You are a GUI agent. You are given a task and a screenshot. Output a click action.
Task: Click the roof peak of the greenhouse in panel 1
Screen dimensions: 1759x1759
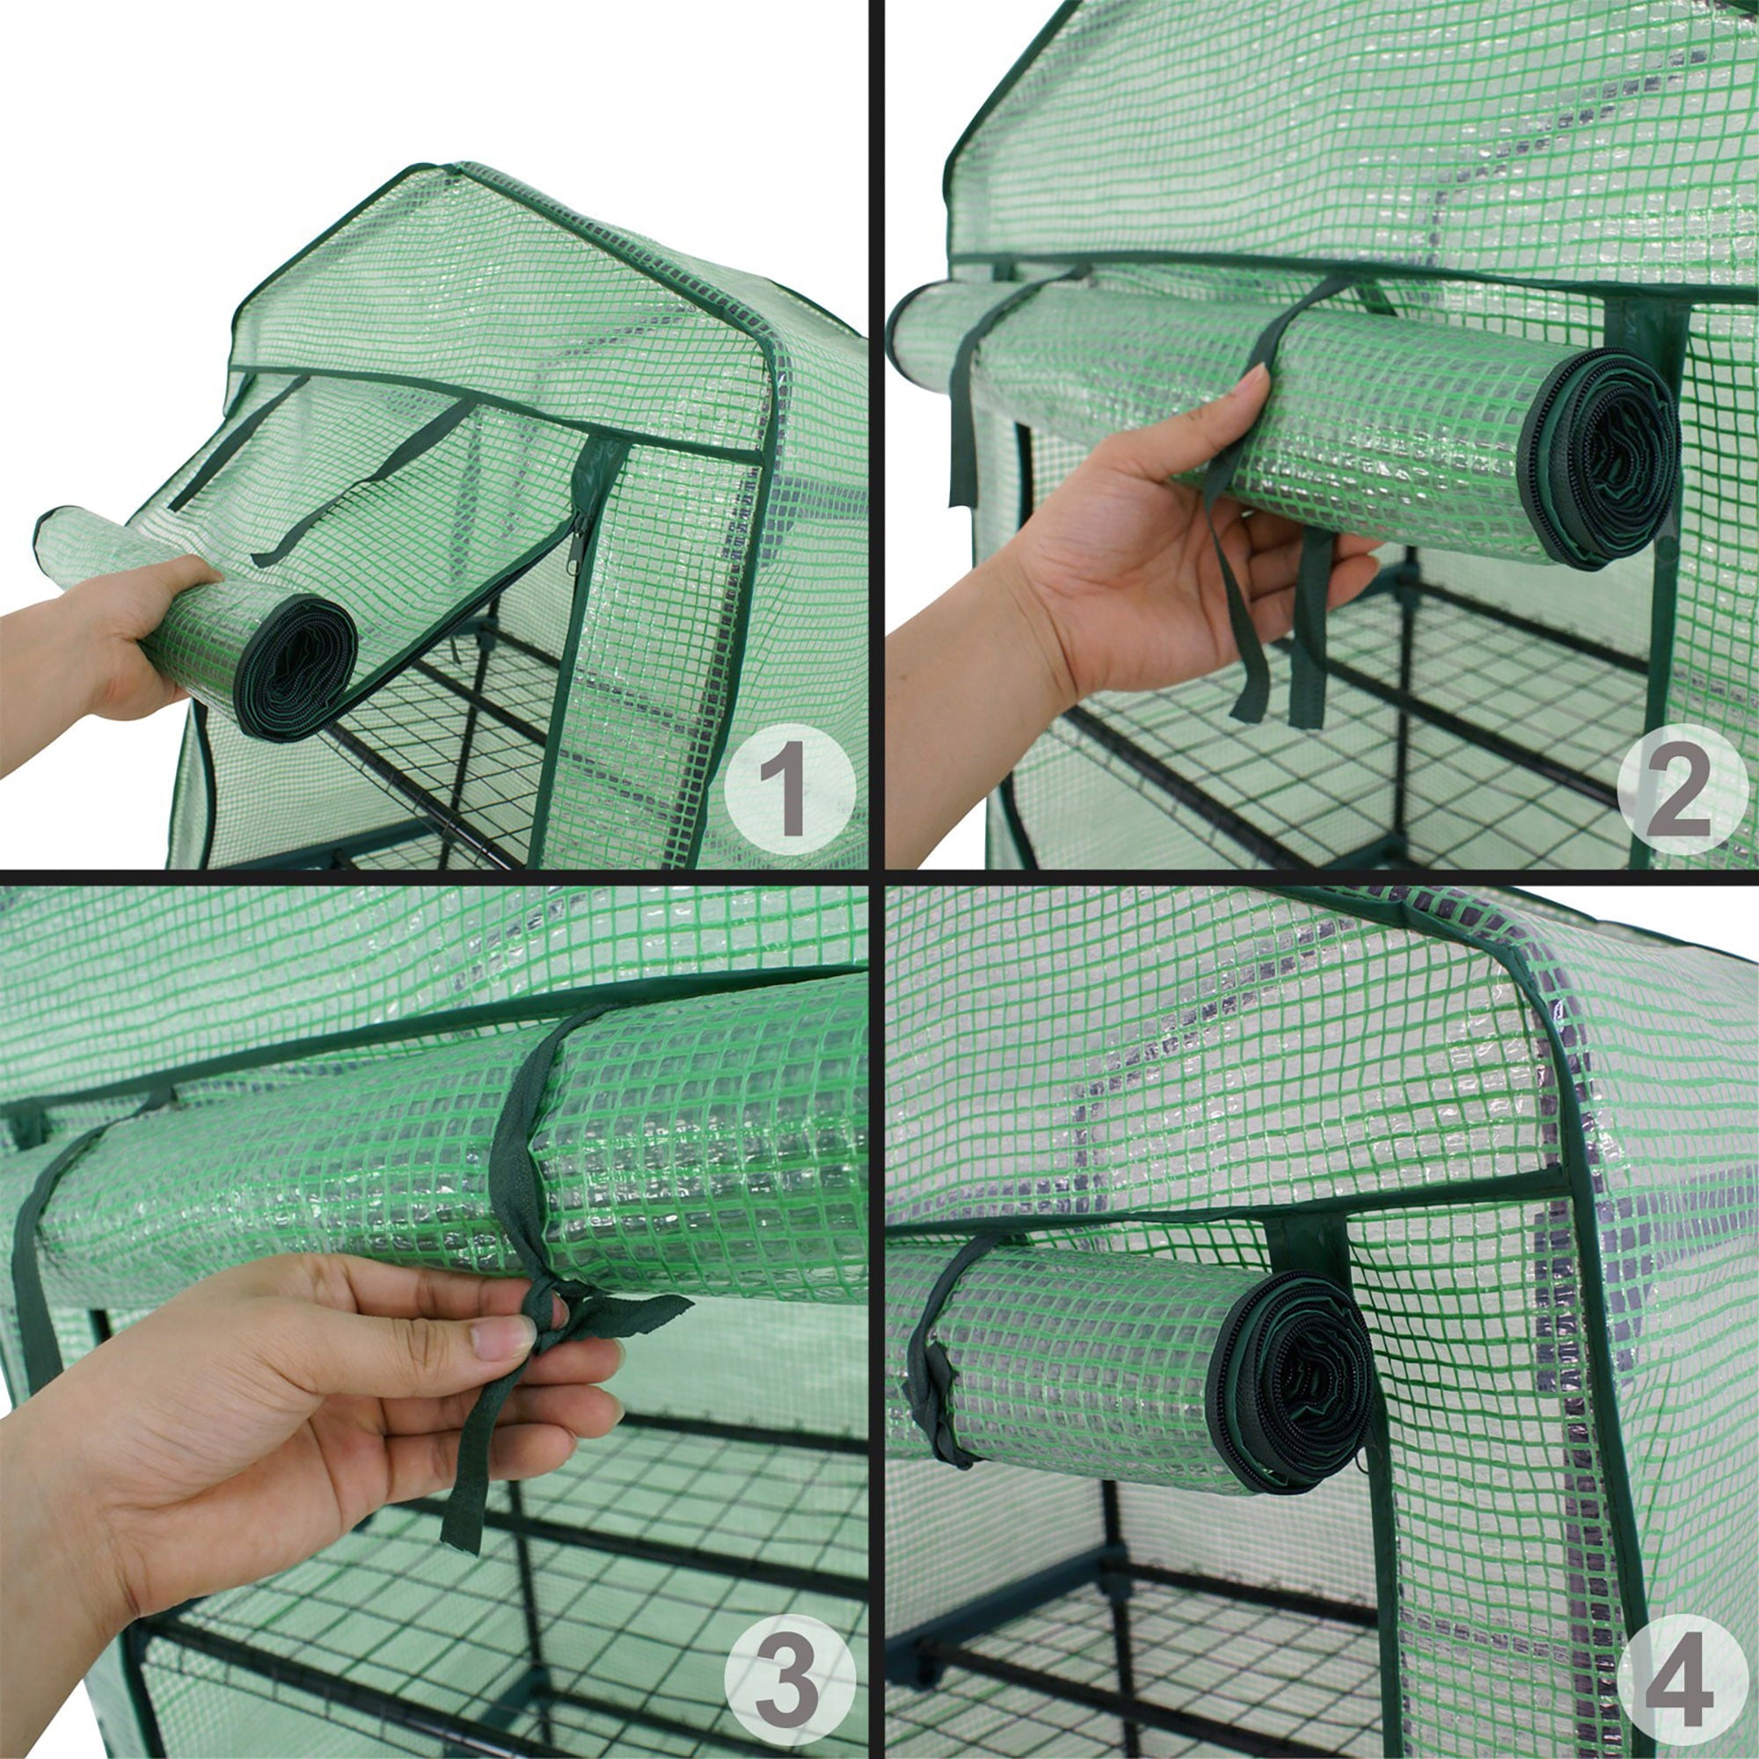[x=446, y=169]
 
